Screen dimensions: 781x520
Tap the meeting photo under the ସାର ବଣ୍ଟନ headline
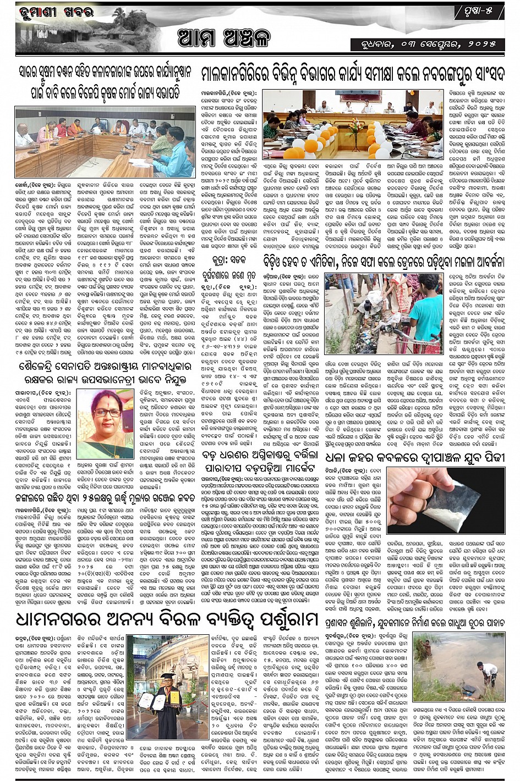(x=105, y=142)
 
